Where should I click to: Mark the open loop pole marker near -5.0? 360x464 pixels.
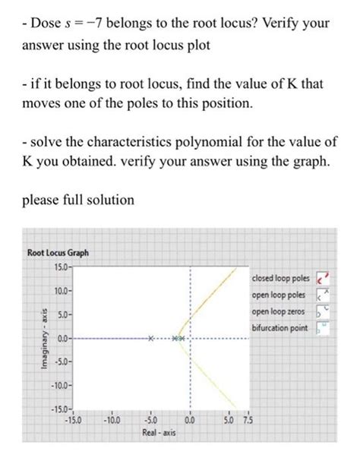(x=150, y=337)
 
